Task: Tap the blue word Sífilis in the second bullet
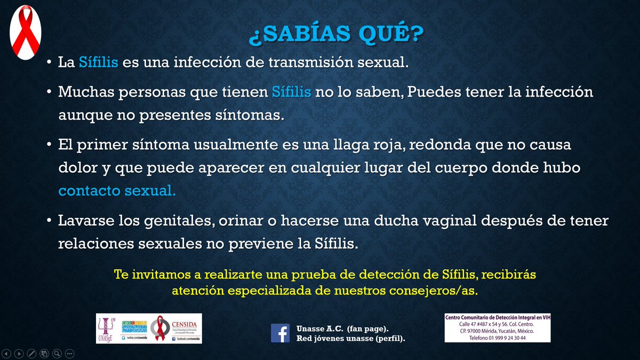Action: (291, 92)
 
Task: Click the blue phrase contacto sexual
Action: (117, 191)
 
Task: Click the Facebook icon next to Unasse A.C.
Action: (280, 333)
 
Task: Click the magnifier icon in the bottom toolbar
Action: (57, 353)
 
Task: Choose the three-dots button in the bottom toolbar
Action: (69, 353)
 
